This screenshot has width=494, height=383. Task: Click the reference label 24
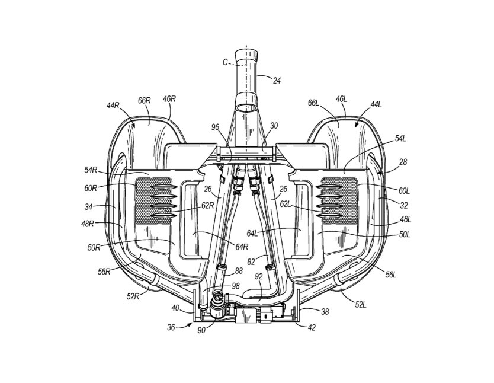(276, 81)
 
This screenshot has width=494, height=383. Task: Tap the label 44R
(113, 106)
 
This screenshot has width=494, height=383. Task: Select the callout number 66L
(314, 103)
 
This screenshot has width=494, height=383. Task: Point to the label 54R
(91, 170)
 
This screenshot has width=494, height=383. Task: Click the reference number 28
(403, 162)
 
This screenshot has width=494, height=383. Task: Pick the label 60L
(404, 191)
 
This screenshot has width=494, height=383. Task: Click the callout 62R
(208, 205)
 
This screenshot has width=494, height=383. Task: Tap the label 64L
(253, 233)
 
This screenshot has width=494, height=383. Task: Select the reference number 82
(251, 261)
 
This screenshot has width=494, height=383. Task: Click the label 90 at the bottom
(201, 330)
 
